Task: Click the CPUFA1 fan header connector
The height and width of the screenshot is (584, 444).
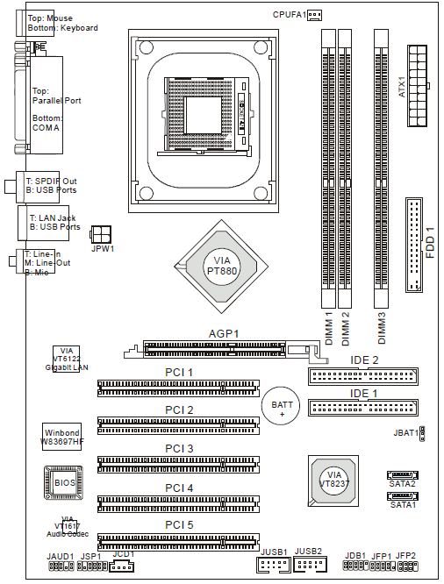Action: [314, 15]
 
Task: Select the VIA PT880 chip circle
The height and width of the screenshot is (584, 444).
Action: [222, 267]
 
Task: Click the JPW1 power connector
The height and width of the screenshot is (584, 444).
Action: [101, 234]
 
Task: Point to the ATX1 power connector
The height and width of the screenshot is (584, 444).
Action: [418, 86]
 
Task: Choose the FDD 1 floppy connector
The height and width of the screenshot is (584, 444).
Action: [414, 245]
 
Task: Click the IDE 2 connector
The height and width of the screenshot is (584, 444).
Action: [362, 376]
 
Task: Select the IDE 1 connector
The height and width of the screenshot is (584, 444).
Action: [362, 408]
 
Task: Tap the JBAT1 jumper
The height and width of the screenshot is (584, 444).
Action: [422, 433]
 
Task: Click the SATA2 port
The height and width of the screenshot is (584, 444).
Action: [403, 475]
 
